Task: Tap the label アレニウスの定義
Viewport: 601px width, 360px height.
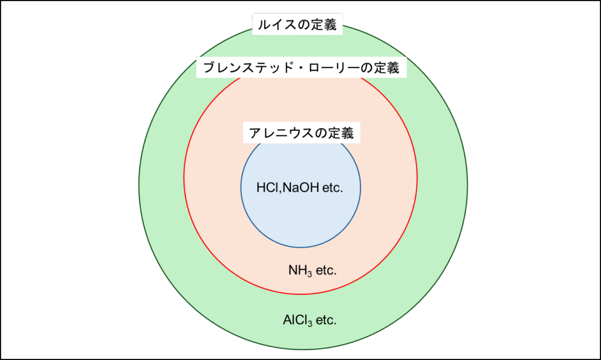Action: [x=301, y=133]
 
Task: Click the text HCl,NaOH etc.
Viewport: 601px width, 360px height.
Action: [x=299, y=188]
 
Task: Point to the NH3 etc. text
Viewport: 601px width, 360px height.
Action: [x=312, y=271]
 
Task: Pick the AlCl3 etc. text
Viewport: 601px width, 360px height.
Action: [x=309, y=321]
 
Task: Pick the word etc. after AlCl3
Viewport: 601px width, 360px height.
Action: [x=326, y=321]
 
